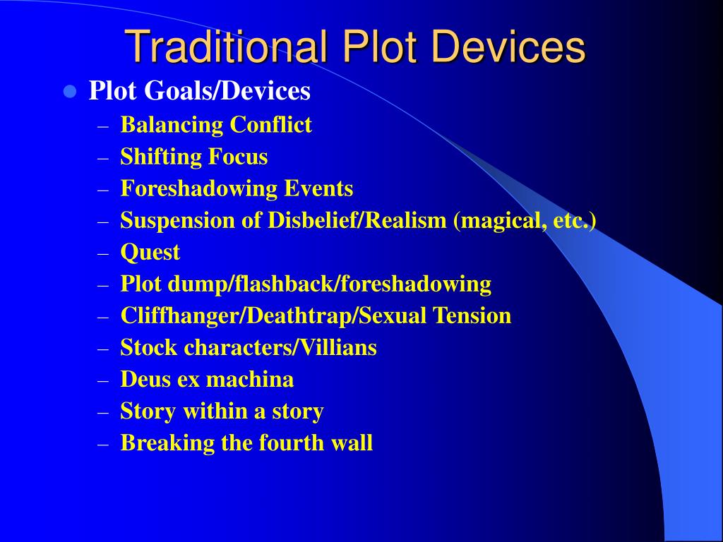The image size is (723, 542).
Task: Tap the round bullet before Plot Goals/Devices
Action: pyautogui.click(x=69, y=91)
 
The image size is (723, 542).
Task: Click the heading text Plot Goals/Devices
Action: pyautogui.click(x=199, y=91)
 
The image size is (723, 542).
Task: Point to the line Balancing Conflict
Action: pyautogui.click(x=216, y=125)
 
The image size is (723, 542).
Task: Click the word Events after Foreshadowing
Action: pyautogui.click(x=321, y=188)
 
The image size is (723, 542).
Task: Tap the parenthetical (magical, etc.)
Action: pyautogui.click(x=525, y=220)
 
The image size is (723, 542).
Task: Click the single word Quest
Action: pyautogui.click(x=150, y=252)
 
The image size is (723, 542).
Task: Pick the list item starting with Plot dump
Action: pyautogui.click(x=306, y=284)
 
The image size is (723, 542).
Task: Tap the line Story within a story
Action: pyautogui.click(x=222, y=411)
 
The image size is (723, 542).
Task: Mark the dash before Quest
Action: pyautogui.click(x=104, y=253)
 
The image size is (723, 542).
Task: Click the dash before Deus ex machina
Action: pyautogui.click(x=104, y=380)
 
